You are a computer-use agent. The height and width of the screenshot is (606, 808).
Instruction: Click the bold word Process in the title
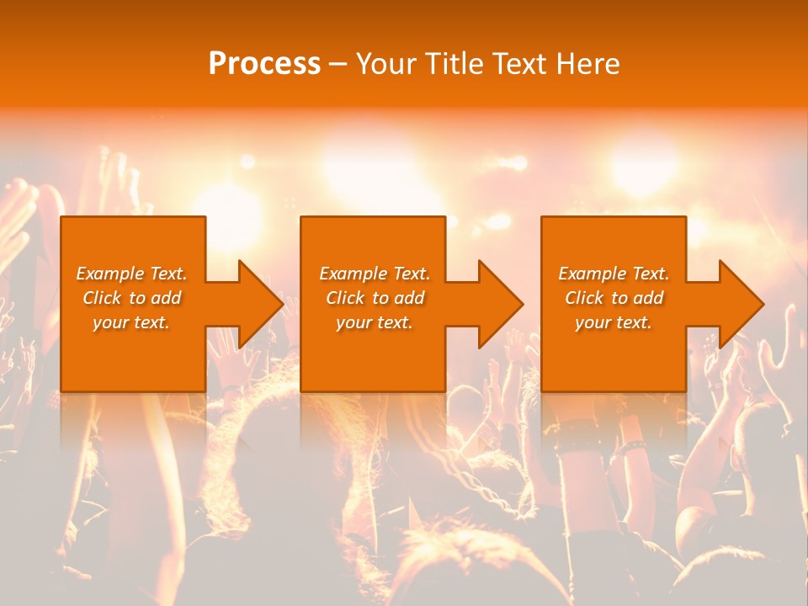pos(264,64)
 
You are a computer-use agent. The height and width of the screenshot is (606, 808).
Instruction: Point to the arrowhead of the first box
pos(261,304)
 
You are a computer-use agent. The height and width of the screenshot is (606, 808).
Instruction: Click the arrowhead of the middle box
pos(502,304)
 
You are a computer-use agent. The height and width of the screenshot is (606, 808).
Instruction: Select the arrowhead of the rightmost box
pos(742,304)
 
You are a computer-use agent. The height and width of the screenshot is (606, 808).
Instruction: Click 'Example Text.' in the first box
pos(131,274)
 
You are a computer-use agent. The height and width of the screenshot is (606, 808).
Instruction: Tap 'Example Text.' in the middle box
pos(375,274)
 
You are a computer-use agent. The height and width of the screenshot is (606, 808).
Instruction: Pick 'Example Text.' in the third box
pos(614,274)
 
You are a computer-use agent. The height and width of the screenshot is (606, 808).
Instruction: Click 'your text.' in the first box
pos(131,322)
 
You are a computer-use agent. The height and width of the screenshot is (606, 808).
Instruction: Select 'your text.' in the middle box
pos(375,322)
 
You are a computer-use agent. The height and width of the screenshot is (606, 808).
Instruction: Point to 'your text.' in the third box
pos(614,322)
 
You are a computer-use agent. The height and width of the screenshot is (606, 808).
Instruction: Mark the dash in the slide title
pos(338,64)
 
